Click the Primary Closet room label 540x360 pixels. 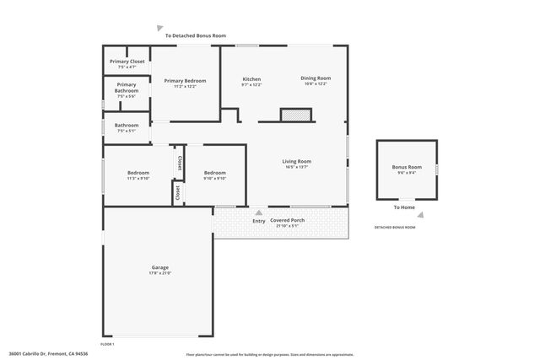click(127, 62)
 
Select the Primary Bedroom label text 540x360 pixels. click(185, 81)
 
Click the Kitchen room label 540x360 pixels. click(251, 78)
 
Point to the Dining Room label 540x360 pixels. click(316, 78)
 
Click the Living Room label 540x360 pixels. click(296, 161)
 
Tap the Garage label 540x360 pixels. click(160, 267)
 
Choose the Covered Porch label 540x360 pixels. click(287, 220)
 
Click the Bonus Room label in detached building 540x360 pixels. click(406, 167)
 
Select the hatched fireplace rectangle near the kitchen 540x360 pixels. click(296, 115)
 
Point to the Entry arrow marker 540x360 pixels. click(258, 212)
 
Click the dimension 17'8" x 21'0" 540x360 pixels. click(160, 273)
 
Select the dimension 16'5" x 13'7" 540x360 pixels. click(296, 167)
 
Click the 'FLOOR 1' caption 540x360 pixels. click(107, 344)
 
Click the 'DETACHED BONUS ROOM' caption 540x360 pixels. click(395, 228)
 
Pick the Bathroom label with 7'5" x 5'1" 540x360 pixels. click(127, 126)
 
